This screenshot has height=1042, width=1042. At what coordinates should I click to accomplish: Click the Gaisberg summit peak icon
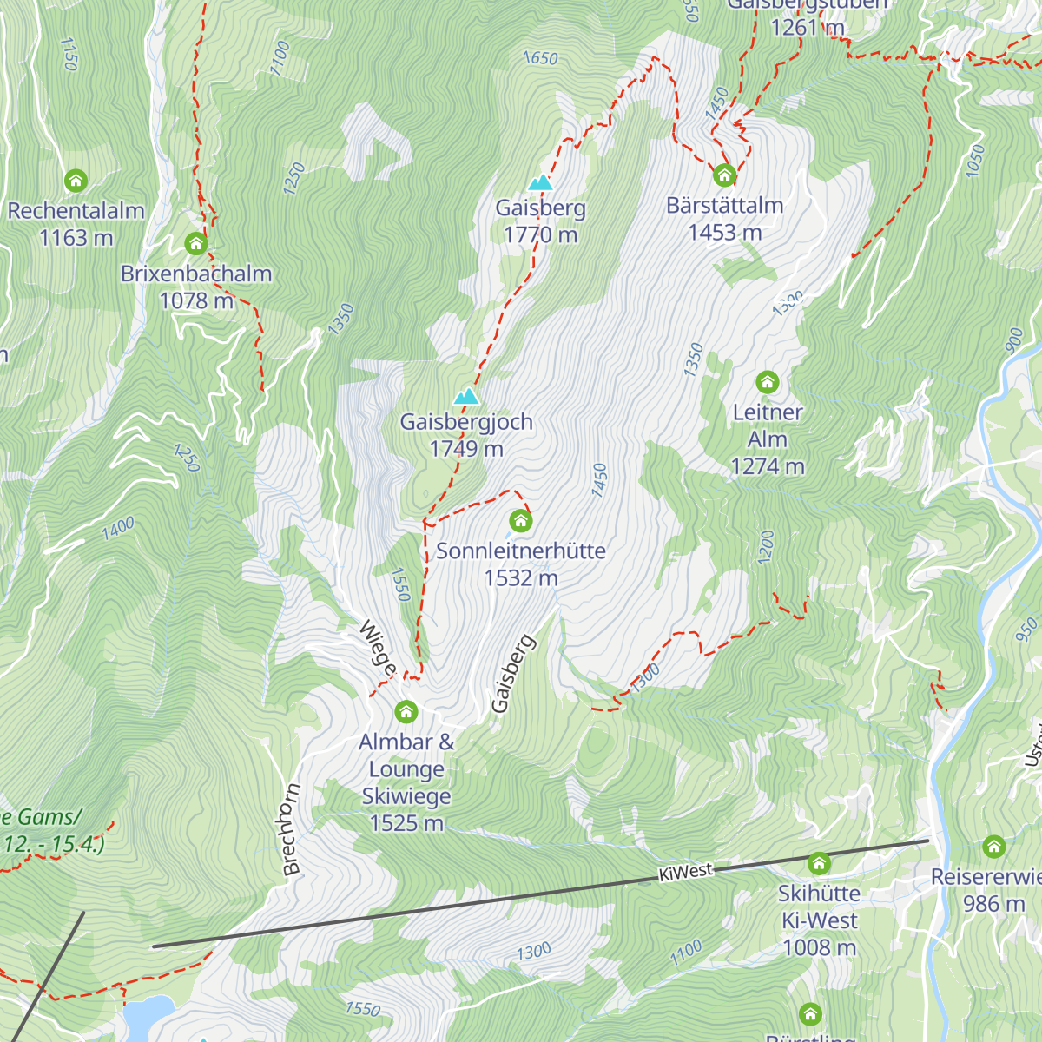[x=540, y=182]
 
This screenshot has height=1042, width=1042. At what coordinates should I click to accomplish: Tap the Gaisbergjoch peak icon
[x=466, y=397]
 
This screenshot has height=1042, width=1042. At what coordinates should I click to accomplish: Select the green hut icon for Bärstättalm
[x=724, y=175]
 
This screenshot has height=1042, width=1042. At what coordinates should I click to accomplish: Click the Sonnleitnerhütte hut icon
[x=520, y=521]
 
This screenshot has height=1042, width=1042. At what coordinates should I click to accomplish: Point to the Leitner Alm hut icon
[x=767, y=382]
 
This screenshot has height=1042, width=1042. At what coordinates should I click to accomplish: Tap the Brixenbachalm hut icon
[x=196, y=243]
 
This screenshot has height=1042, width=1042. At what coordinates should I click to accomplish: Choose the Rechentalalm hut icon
[x=76, y=181]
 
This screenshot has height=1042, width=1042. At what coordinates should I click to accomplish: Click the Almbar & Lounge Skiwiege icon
[x=406, y=712]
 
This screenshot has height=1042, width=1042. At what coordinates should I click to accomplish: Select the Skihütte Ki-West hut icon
[x=819, y=863]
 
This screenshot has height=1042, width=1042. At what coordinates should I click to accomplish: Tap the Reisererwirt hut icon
[x=993, y=847]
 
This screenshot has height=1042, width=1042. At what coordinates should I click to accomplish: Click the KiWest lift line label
[x=685, y=872]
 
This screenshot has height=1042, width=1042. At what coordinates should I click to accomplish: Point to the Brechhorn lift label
[x=290, y=829]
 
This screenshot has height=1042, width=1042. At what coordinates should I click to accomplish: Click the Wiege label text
[x=379, y=648]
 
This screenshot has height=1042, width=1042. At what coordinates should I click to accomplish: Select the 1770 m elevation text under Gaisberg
[x=540, y=234]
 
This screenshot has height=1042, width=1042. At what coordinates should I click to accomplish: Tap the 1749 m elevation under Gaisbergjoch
[x=466, y=449]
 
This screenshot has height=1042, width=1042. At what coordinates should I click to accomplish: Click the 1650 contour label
[x=540, y=58]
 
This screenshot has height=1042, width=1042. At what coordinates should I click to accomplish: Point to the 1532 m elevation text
[x=520, y=578]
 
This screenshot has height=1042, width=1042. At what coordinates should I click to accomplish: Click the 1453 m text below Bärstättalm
[x=724, y=233]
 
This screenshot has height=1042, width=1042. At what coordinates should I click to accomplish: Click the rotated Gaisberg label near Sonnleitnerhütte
[x=513, y=674]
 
